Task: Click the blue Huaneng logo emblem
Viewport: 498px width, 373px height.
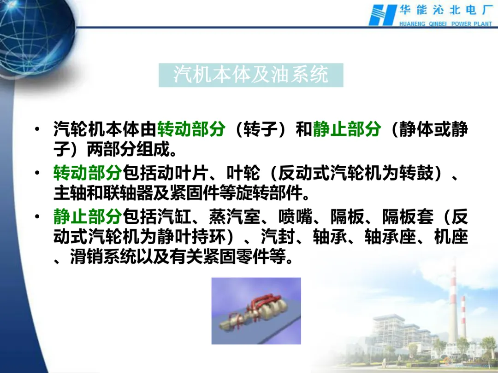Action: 382,15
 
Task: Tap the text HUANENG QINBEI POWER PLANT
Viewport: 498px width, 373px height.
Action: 445,24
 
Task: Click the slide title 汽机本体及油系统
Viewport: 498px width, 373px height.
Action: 251,75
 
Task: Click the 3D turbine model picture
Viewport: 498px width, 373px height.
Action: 256,311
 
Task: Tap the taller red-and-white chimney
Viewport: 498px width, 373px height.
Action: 453,301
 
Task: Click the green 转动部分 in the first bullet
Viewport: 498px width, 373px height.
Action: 191,129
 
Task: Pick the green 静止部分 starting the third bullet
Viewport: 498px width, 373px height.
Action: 88,216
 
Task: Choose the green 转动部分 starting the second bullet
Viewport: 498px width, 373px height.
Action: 88,173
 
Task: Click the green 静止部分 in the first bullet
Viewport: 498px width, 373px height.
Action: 347,129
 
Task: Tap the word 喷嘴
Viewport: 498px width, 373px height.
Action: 296,216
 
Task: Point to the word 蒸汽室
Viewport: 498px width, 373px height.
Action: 235,216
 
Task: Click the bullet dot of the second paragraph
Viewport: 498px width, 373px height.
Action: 37,173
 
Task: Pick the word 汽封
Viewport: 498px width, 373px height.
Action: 278,237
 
